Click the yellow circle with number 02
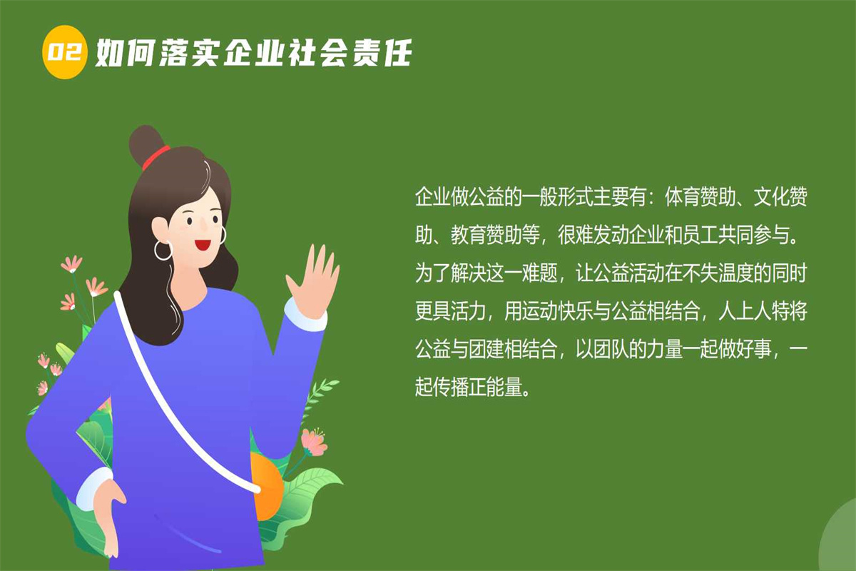click(64, 52)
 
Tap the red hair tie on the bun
click(156, 157)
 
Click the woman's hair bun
click(146, 145)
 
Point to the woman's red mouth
click(202, 245)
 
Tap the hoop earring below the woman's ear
click(163, 251)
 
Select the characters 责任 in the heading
click(382, 53)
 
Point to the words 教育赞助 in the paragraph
click(486, 235)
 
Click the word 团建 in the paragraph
click(486, 349)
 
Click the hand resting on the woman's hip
click(108, 515)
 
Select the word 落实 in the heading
click(190, 53)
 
